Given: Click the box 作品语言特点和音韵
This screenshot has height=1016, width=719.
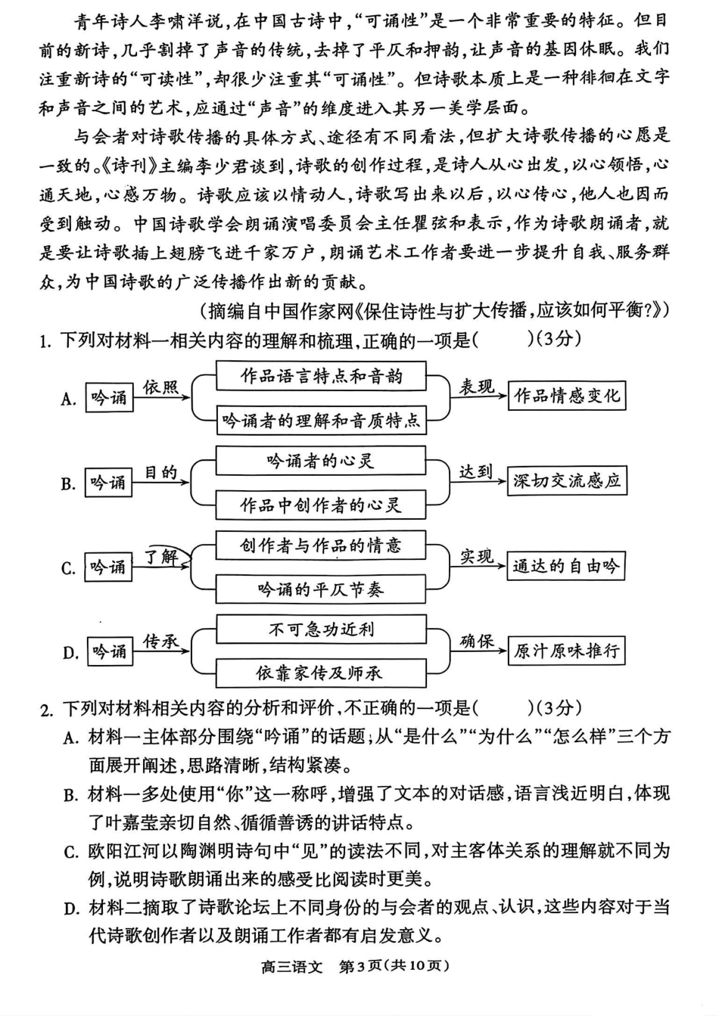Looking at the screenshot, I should pyautogui.click(x=321, y=376).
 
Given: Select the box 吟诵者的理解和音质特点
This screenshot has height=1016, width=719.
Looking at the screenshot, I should pyautogui.click(x=321, y=420).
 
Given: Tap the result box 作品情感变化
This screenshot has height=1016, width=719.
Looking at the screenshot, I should pyautogui.click(x=566, y=396).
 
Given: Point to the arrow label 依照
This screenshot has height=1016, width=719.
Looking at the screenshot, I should pyautogui.click(x=160, y=387).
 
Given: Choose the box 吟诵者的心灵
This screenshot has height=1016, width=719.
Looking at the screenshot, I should pyautogui.click(x=321, y=461).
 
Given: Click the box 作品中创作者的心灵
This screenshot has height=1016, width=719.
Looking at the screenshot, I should pyautogui.click(x=321, y=505).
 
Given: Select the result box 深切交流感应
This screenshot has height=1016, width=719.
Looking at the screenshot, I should pyautogui.click(x=566, y=481).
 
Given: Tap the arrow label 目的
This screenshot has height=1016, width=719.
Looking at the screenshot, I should pyautogui.click(x=160, y=472).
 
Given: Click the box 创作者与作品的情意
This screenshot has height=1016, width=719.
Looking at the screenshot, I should pyautogui.click(x=321, y=545).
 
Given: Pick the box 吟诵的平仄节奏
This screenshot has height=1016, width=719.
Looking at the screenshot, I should pyautogui.click(x=321, y=589).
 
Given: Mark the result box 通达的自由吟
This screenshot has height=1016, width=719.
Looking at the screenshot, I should pyautogui.click(x=566, y=566).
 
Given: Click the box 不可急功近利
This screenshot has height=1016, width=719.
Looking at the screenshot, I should pyautogui.click(x=321, y=629).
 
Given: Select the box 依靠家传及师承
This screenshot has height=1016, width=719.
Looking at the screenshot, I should pyautogui.click(x=321, y=673).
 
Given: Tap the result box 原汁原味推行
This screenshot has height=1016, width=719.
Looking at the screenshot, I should pyautogui.click(x=566, y=651).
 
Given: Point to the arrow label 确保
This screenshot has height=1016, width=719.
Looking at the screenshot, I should pyautogui.click(x=477, y=642).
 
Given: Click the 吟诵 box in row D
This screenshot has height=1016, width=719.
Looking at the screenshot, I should pyautogui.click(x=109, y=651).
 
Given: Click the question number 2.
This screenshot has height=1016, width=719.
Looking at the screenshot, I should pyautogui.click(x=46, y=709).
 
